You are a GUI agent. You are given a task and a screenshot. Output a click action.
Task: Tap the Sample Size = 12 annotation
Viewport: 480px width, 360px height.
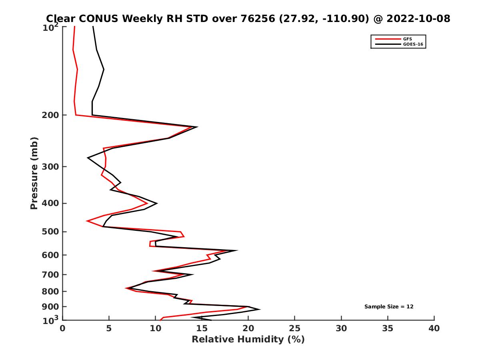[x=389, y=307]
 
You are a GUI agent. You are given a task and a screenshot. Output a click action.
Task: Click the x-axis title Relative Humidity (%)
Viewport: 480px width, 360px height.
[x=248, y=340]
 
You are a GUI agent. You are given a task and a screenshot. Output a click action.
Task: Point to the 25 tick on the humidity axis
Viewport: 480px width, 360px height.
[x=295, y=328]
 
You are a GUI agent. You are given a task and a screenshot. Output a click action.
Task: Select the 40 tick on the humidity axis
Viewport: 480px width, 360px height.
[x=434, y=328]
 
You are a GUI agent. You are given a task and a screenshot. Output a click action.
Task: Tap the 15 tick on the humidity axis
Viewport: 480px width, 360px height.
[x=202, y=328]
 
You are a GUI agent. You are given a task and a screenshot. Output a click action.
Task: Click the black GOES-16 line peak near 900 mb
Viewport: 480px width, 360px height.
[x=260, y=309]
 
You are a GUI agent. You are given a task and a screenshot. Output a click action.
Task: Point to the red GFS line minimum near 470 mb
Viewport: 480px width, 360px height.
[x=87, y=221]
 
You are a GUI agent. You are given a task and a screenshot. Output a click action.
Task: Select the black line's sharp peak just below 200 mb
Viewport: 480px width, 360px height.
[x=197, y=127]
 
